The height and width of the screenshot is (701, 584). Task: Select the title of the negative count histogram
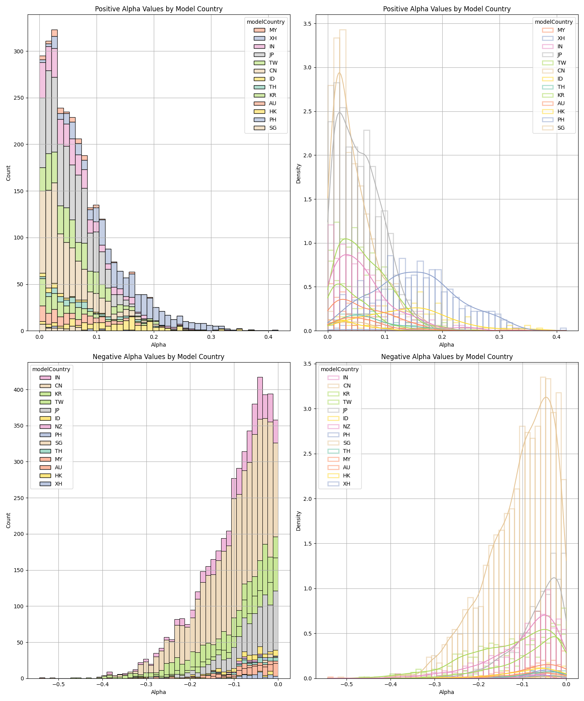pyautogui.click(x=158, y=357)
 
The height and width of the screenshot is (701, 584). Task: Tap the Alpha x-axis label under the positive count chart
pyautogui.click(x=158, y=345)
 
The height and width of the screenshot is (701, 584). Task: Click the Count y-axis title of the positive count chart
pyautogui.click(x=9, y=173)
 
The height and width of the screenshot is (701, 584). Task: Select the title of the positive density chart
pyautogui.click(x=447, y=9)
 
